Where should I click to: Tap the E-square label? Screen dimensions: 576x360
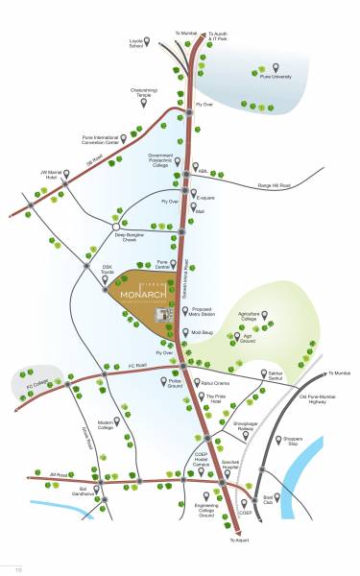pyautogui.click(x=209, y=198)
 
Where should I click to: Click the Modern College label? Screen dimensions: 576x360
pyautogui.click(x=106, y=423)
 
